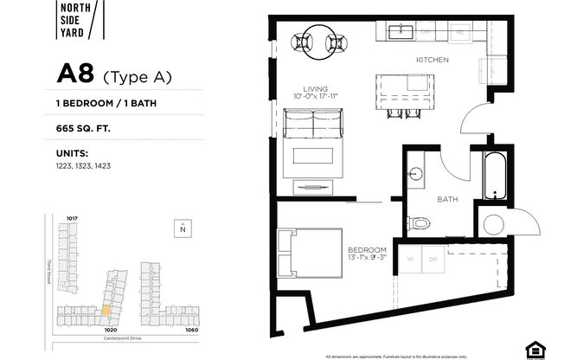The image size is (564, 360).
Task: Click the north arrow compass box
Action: click(183, 228)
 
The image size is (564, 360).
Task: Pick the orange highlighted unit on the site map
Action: click(106, 308)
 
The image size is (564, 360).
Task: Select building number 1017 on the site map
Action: click(73, 218)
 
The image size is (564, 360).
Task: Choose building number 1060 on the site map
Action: click(191, 330)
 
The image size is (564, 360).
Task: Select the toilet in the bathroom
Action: click(420, 222)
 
